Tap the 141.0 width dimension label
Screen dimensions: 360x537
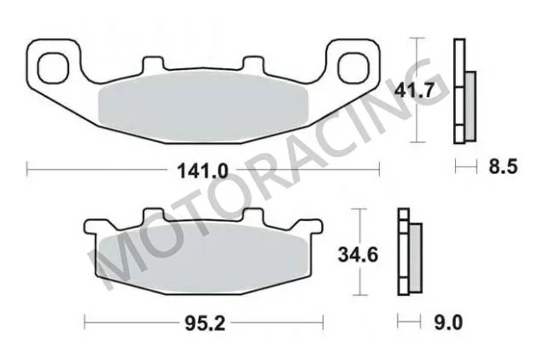(203, 171)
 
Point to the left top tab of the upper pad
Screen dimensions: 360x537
(154, 65)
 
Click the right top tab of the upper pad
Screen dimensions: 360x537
(253, 65)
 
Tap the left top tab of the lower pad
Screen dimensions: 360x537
(154, 217)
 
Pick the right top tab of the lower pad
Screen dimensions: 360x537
(253, 217)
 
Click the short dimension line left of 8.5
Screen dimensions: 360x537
(465, 167)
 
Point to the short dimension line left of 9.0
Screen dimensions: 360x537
(410, 322)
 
